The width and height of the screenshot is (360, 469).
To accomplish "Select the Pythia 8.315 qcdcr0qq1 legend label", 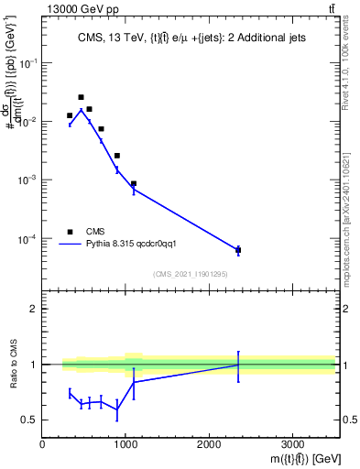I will pyautogui.click(x=137, y=245).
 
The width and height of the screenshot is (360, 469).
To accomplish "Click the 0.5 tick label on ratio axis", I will pyautogui.click(x=30, y=420).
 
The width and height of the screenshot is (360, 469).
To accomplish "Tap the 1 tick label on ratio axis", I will pyautogui.click(x=34, y=365).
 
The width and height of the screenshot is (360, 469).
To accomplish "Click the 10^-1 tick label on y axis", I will pyautogui.click(x=27, y=62).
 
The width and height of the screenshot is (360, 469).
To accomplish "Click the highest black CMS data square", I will pyautogui.click(x=81, y=97).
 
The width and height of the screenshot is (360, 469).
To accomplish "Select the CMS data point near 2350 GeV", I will pyautogui.click(x=238, y=250).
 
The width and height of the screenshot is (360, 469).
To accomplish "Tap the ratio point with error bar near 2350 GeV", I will pyautogui.click(x=238, y=365).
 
